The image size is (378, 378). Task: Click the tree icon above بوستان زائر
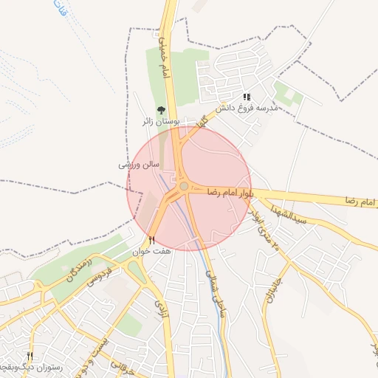[x=161, y=110]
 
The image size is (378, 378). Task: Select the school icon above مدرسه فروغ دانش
[x=247, y=96]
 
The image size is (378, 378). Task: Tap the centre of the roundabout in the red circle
[x=183, y=187]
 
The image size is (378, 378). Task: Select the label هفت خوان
[x=151, y=252]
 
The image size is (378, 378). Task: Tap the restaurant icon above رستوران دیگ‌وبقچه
[x=30, y=355]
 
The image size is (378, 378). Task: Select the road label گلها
[x=200, y=119]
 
